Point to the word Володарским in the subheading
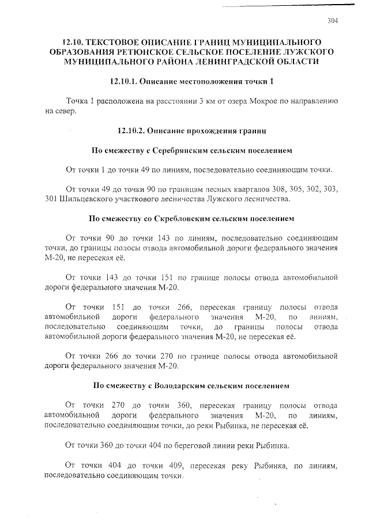(x=185, y=385)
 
